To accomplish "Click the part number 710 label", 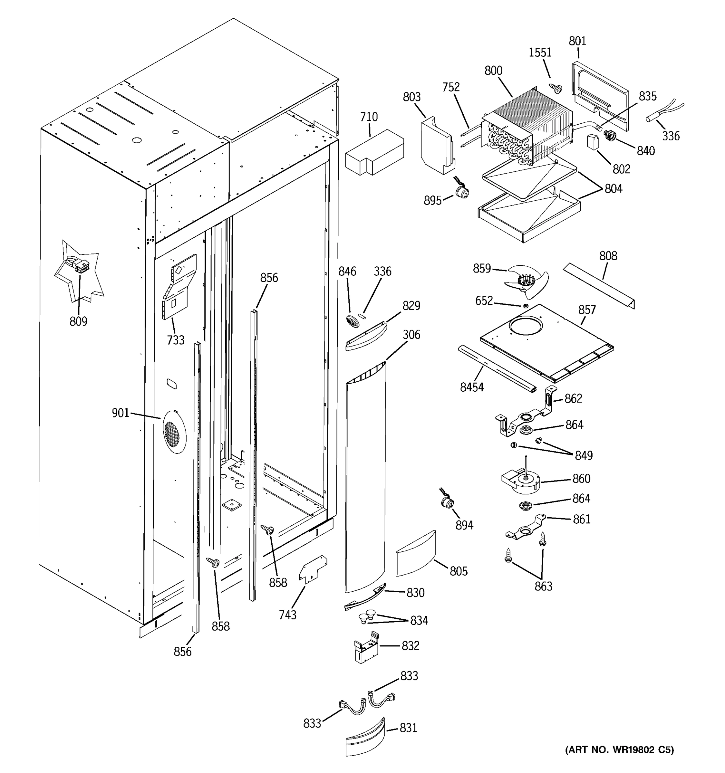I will [368, 116].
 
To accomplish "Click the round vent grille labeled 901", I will [174, 432].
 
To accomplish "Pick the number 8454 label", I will [471, 387].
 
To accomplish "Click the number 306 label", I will [411, 334].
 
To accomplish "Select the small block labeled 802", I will [592, 142].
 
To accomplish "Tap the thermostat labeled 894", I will [446, 502].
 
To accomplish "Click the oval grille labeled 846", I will [351, 321].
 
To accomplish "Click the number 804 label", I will [613, 189].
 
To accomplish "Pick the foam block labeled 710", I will [374, 153].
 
